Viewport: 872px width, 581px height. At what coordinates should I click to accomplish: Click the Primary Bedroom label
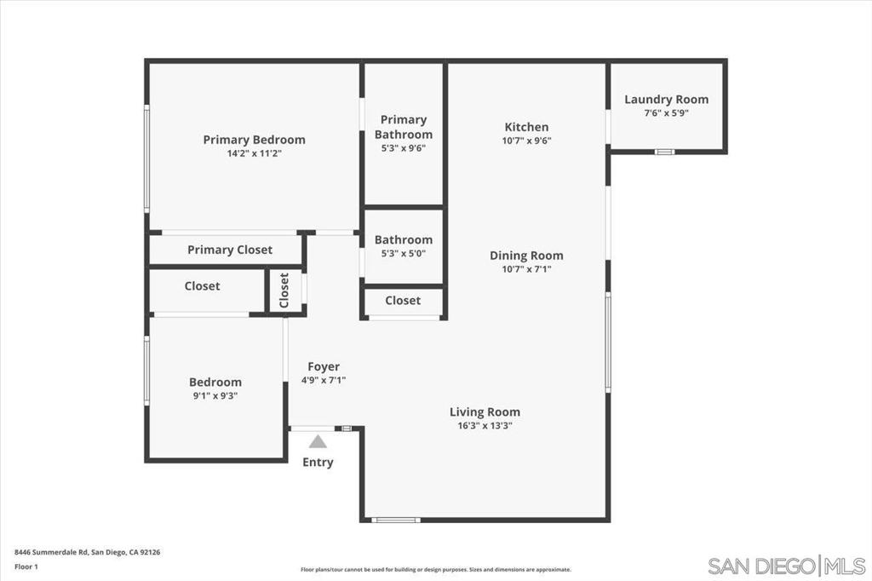tap(254, 140)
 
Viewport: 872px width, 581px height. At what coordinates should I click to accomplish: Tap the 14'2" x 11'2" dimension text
tap(254, 153)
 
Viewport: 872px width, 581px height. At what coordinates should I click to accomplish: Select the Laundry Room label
tap(666, 100)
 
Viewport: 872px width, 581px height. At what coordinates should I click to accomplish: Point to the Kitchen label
tap(526, 127)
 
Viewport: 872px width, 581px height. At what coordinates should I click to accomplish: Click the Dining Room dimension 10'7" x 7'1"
tap(526, 269)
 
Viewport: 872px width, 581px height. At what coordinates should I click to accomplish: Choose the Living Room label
tap(485, 412)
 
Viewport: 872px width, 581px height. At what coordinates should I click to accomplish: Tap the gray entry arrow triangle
tap(318, 442)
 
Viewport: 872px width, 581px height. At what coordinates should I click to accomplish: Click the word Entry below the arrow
tap(318, 463)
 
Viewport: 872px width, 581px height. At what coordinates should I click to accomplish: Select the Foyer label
tap(324, 366)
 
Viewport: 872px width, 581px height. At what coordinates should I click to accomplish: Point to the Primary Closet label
tap(230, 250)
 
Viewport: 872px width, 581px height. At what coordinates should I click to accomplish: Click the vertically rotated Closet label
tap(284, 290)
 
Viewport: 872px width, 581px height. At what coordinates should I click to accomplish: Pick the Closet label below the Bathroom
tap(403, 301)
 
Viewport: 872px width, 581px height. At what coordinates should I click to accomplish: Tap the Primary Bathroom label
tap(403, 127)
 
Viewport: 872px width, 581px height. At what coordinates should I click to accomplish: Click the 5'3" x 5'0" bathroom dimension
tap(403, 254)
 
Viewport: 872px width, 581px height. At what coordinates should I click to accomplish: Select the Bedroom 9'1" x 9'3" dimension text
tap(215, 396)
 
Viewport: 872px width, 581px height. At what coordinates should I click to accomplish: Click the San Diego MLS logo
tap(786, 566)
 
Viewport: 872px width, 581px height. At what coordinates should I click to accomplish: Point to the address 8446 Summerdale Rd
tap(51, 553)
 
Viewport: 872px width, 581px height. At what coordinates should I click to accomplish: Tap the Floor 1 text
tap(26, 567)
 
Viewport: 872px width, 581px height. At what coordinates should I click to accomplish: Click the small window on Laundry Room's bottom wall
tap(664, 152)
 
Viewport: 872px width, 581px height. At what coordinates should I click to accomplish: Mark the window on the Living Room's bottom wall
tap(396, 521)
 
